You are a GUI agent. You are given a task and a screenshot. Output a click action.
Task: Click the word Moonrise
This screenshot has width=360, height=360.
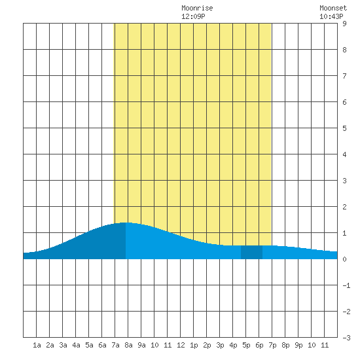tap(197, 8)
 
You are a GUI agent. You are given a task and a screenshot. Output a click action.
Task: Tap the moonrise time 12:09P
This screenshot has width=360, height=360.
tap(193, 16)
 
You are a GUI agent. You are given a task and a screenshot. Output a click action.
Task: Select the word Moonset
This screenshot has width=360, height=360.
tap(333, 8)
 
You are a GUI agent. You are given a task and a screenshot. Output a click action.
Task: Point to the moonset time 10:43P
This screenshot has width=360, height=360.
tap(331, 16)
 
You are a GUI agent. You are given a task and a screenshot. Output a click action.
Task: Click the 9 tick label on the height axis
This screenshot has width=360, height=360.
tap(344, 24)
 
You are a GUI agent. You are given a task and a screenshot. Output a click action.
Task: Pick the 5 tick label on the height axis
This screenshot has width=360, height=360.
tap(344, 128)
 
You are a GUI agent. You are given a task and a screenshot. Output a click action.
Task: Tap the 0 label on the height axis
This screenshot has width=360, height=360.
tap(344, 259)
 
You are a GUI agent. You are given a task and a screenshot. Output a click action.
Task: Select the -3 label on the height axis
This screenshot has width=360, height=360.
tap(346, 338)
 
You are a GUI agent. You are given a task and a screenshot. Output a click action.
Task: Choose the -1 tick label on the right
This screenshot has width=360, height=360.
tap(346, 285)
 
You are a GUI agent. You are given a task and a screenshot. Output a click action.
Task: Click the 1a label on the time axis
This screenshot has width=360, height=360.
tap(37, 345)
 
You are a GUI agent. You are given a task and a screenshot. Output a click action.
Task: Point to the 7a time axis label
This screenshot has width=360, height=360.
tap(115, 345)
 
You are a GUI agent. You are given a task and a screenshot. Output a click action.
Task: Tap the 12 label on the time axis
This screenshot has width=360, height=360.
tap(181, 345)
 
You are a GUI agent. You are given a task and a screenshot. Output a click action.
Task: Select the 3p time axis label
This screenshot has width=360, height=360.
tap(220, 345)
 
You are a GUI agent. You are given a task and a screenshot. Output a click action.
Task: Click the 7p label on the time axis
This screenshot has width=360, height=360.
tap(272, 345)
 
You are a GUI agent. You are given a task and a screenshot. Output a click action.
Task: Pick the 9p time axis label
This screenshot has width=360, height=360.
tap(298, 345)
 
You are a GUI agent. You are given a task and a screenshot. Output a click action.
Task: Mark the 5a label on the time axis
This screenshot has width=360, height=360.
tap(89, 345)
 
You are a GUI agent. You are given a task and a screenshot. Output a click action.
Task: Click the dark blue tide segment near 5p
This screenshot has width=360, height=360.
tap(251, 252)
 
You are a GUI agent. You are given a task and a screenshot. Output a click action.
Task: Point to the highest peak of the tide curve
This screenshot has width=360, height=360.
tap(124, 223)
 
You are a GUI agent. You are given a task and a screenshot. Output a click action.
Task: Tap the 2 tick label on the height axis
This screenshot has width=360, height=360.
tap(344, 207)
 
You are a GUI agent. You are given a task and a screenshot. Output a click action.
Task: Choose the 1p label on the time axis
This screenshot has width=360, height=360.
tap(194, 345)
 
